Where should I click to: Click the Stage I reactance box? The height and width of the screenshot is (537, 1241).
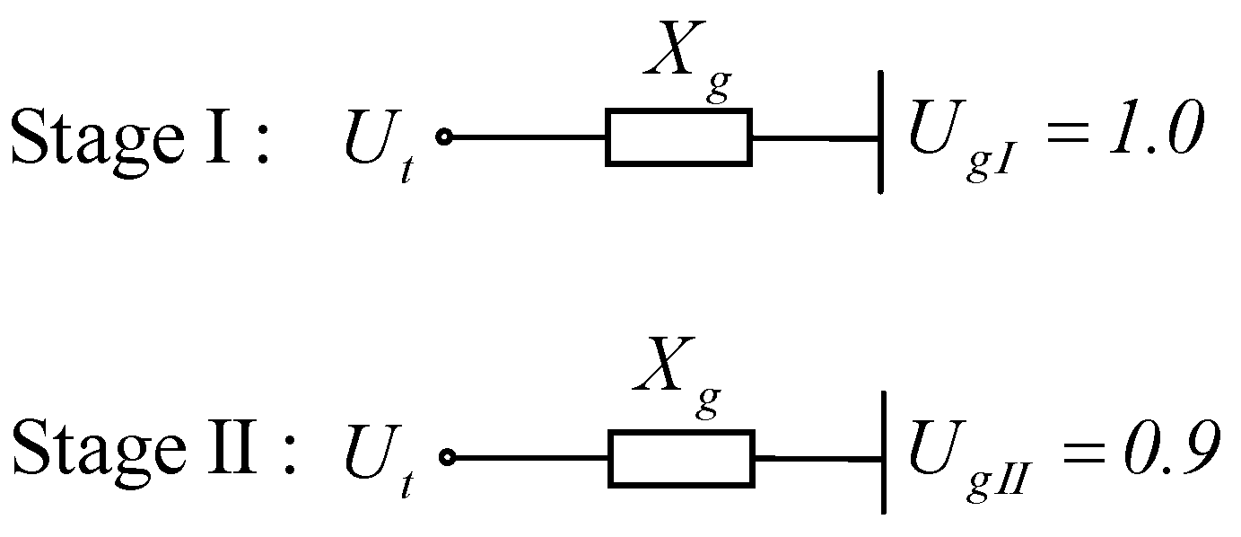coord(678,137)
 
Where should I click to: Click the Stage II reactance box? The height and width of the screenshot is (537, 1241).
coord(681,458)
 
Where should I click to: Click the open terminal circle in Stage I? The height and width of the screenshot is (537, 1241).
coord(442,137)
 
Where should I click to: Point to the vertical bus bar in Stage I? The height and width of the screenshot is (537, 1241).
coord(879,132)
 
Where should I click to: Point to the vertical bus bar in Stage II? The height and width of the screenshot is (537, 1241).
coord(884,452)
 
